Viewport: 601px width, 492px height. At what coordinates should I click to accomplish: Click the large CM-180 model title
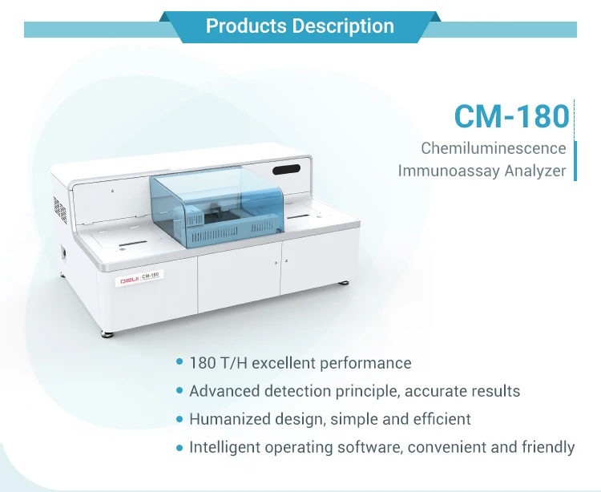tap(511, 115)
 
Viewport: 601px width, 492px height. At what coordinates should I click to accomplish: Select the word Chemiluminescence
tap(494, 148)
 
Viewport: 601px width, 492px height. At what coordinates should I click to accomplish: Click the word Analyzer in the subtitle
tap(534, 171)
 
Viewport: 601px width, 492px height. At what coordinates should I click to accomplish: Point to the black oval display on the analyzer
tap(285, 170)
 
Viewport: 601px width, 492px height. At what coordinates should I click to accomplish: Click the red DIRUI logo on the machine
tap(129, 280)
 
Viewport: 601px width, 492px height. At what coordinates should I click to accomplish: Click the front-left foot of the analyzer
tap(106, 331)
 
